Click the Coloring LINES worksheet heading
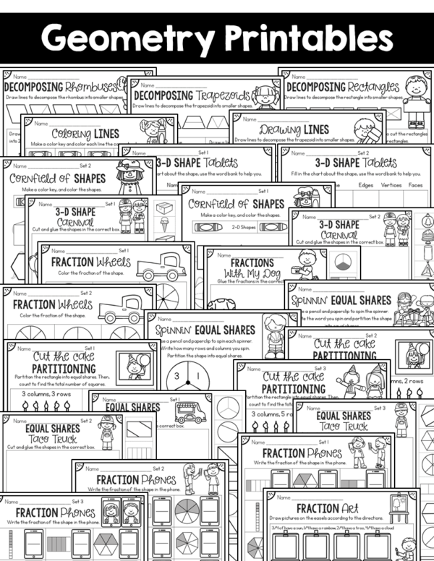85,133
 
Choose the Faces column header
415,184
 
